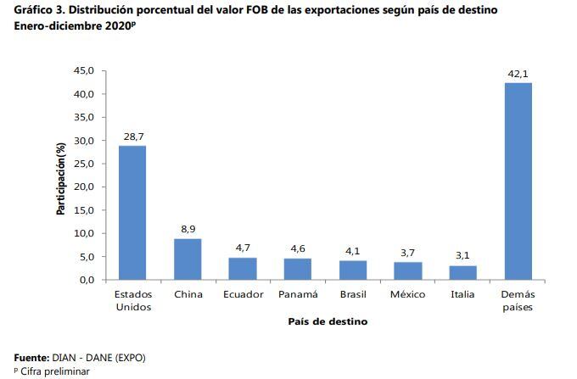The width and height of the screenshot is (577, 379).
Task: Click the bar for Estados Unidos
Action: pyautogui.click(x=132, y=212)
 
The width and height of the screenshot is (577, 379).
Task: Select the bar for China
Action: pyautogui.click(x=188, y=259)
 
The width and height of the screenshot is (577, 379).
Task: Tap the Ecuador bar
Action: pyautogui.click(x=243, y=268)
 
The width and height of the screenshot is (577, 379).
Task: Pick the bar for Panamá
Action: pyautogui.click(x=297, y=269)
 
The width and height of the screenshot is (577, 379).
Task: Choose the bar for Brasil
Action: pyautogui.click(x=352, y=270)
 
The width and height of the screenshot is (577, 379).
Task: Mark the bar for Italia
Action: pyautogui.click(x=462, y=272)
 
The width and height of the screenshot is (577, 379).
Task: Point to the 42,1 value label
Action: pyautogui.click(x=518, y=75)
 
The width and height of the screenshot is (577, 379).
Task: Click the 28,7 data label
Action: pyautogui.click(x=132, y=137)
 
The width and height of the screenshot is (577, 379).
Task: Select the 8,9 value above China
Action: pyautogui.click(x=188, y=229)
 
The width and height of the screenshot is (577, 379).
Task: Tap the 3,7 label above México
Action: pyautogui.click(x=407, y=253)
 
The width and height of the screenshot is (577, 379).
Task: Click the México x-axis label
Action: pyautogui.click(x=407, y=294)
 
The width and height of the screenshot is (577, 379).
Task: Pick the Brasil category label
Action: pyautogui.click(x=352, y=294)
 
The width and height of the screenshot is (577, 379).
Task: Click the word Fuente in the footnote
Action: pyautogui.click(x=31, y=358)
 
